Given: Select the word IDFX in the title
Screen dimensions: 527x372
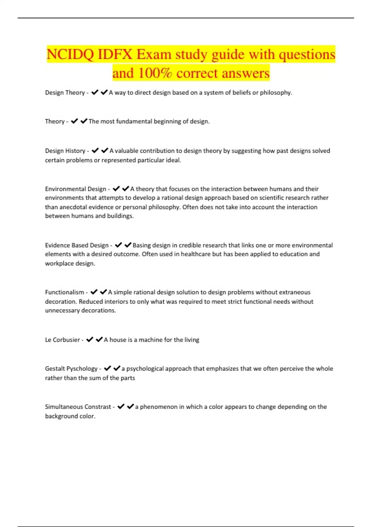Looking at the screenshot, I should point(115,55).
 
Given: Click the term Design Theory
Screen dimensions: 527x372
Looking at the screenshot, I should point(65,93).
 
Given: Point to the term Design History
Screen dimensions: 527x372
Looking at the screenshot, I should point(65,151).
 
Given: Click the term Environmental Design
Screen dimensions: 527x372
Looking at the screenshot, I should point(76,189).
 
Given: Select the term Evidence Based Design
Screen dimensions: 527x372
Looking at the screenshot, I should point(77,245).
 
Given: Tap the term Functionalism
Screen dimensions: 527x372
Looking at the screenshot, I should point(64,292).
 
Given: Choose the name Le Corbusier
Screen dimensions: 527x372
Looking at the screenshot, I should point(62,340).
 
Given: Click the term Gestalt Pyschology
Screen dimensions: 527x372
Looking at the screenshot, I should point(71,369).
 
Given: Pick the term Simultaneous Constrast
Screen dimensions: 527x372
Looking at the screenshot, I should point(78,407).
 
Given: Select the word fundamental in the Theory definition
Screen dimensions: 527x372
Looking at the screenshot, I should point(133,122).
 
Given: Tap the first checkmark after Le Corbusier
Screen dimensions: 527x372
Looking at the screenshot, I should point(90,339).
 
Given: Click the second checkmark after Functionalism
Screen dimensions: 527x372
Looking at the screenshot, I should point(104,292).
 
